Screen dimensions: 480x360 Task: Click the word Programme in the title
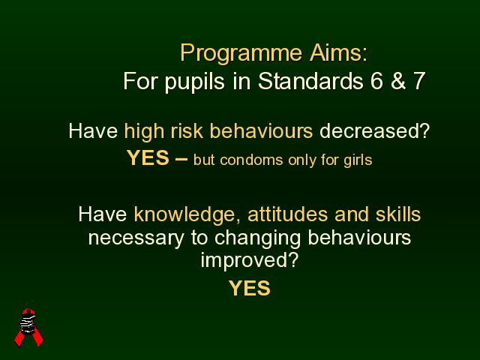(241, 54)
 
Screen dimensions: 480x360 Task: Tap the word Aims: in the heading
(338, 52)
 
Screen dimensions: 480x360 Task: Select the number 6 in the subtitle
(376, 80)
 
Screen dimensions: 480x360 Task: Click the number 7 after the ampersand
(418, 81)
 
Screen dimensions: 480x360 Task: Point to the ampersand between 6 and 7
(397, 81)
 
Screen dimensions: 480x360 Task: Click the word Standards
(310, 80)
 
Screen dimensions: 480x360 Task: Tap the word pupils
(195, 82)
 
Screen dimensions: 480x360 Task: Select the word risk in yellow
(187, 130)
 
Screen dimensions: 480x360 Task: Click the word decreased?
(375, 130)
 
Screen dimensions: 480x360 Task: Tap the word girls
(358, 160)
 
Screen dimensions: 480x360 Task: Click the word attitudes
(287, 214)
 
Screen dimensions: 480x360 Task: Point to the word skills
(398, 214)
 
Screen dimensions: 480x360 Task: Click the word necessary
(136, 238)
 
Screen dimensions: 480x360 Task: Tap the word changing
(258, 238)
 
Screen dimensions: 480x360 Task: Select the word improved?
(250, 262)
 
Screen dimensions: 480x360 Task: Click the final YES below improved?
(250, 288)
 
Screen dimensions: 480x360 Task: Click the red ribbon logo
(28, 327)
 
